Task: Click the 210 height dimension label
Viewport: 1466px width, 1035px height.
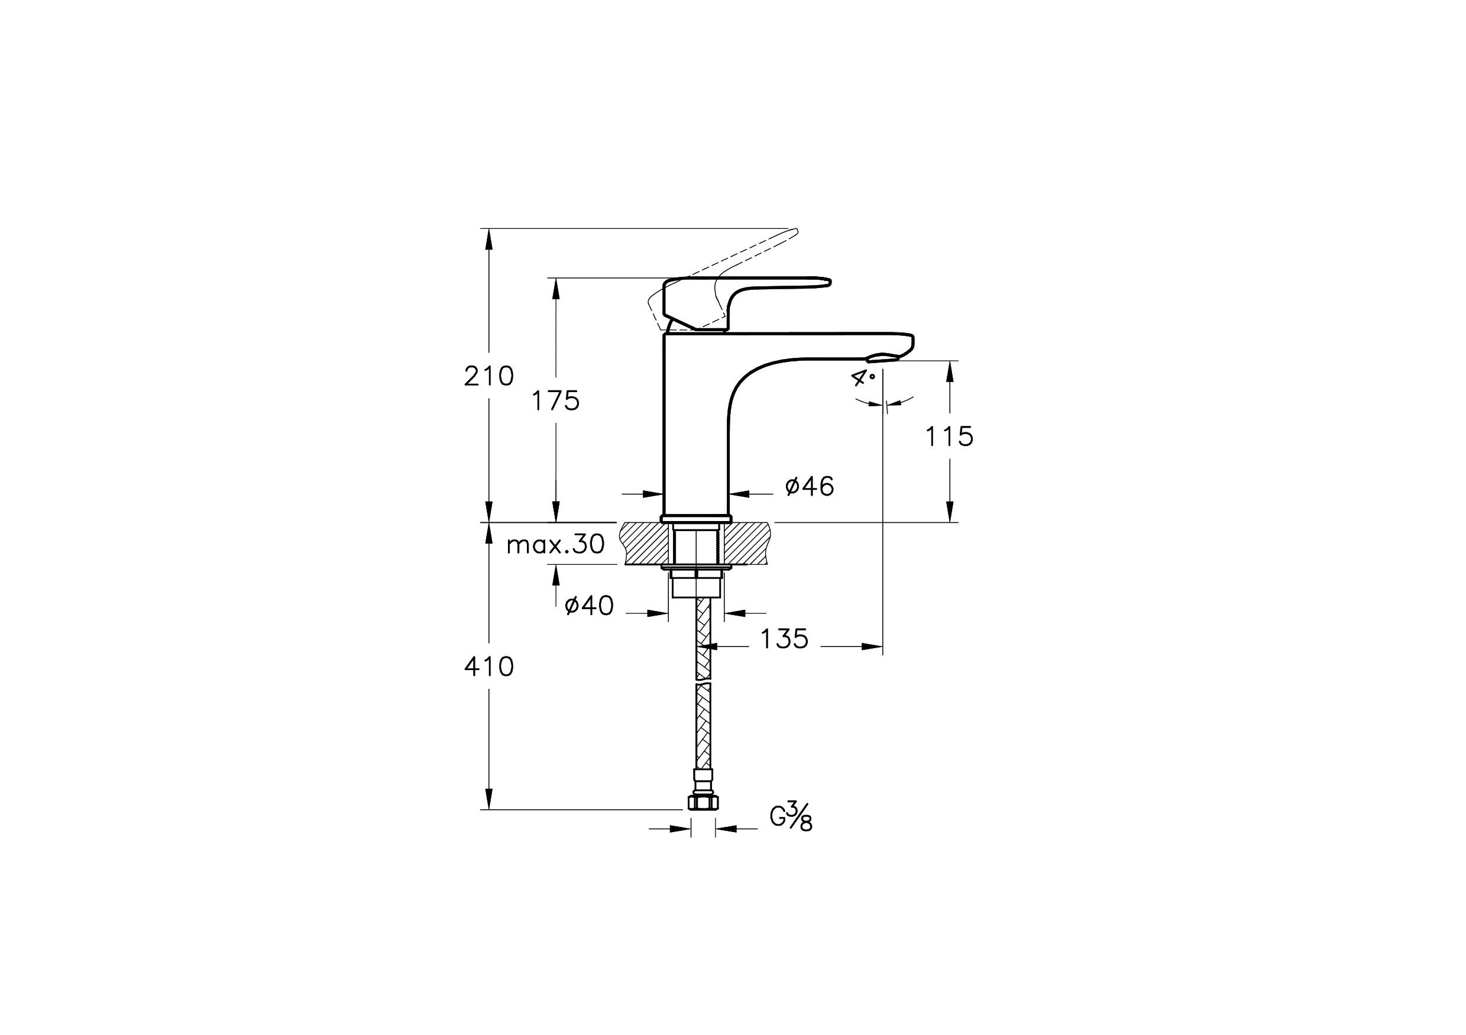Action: pyautogui.click(x=488, y=376)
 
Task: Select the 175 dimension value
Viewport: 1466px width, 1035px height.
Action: pyautogui.click(x=555, y=401)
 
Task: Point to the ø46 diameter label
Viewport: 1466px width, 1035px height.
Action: pyautogui.click(x=809, y=487)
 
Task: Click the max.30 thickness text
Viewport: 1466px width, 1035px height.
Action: pyautogui.click(x=555, y=545)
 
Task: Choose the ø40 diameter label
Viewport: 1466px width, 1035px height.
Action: pyautogui.click(x=590, y=605)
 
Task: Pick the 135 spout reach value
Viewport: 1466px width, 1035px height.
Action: pyautogui.click(x=784, y=639)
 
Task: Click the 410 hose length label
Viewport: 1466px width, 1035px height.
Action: pyautogui.click(x=488, y=667)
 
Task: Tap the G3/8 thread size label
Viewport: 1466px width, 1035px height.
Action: pyautogui.click(x=791, y=817)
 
